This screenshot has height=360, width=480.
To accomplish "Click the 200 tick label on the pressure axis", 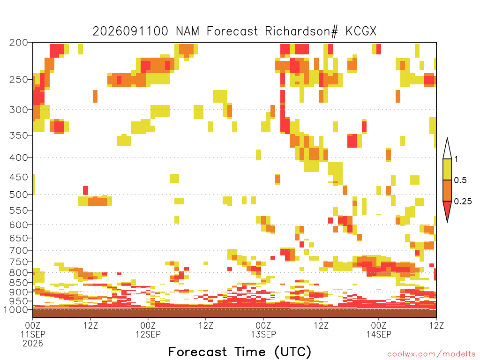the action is (19, 43).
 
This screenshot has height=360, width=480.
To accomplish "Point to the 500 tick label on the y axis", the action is (19, 195).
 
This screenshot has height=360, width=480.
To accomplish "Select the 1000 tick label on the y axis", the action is (16, 310).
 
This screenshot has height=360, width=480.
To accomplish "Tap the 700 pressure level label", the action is (19, 251).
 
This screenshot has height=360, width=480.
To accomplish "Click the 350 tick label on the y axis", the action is (19, 135).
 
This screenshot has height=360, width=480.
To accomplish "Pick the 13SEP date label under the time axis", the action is (263, 334).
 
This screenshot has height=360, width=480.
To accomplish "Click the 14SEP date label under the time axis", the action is (379, 334).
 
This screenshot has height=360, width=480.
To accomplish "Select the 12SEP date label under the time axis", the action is (148, 334).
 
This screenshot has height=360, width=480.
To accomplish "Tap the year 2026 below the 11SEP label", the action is (33, 344).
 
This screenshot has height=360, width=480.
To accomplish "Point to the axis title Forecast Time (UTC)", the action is (240, 352).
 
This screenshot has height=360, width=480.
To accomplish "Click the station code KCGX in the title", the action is (361, 31).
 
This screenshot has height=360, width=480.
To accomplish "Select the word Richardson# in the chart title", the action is (301, 31).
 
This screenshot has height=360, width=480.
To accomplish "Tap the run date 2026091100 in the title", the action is (130, 31).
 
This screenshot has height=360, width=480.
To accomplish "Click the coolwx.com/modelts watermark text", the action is (432, 354).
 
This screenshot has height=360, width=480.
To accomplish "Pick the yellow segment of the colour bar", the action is (447, 169).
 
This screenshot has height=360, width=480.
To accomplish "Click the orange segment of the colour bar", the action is (447, 190).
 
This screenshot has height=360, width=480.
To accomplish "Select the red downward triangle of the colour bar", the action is (447, 210).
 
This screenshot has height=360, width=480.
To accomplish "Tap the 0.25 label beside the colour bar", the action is (463, 202).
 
